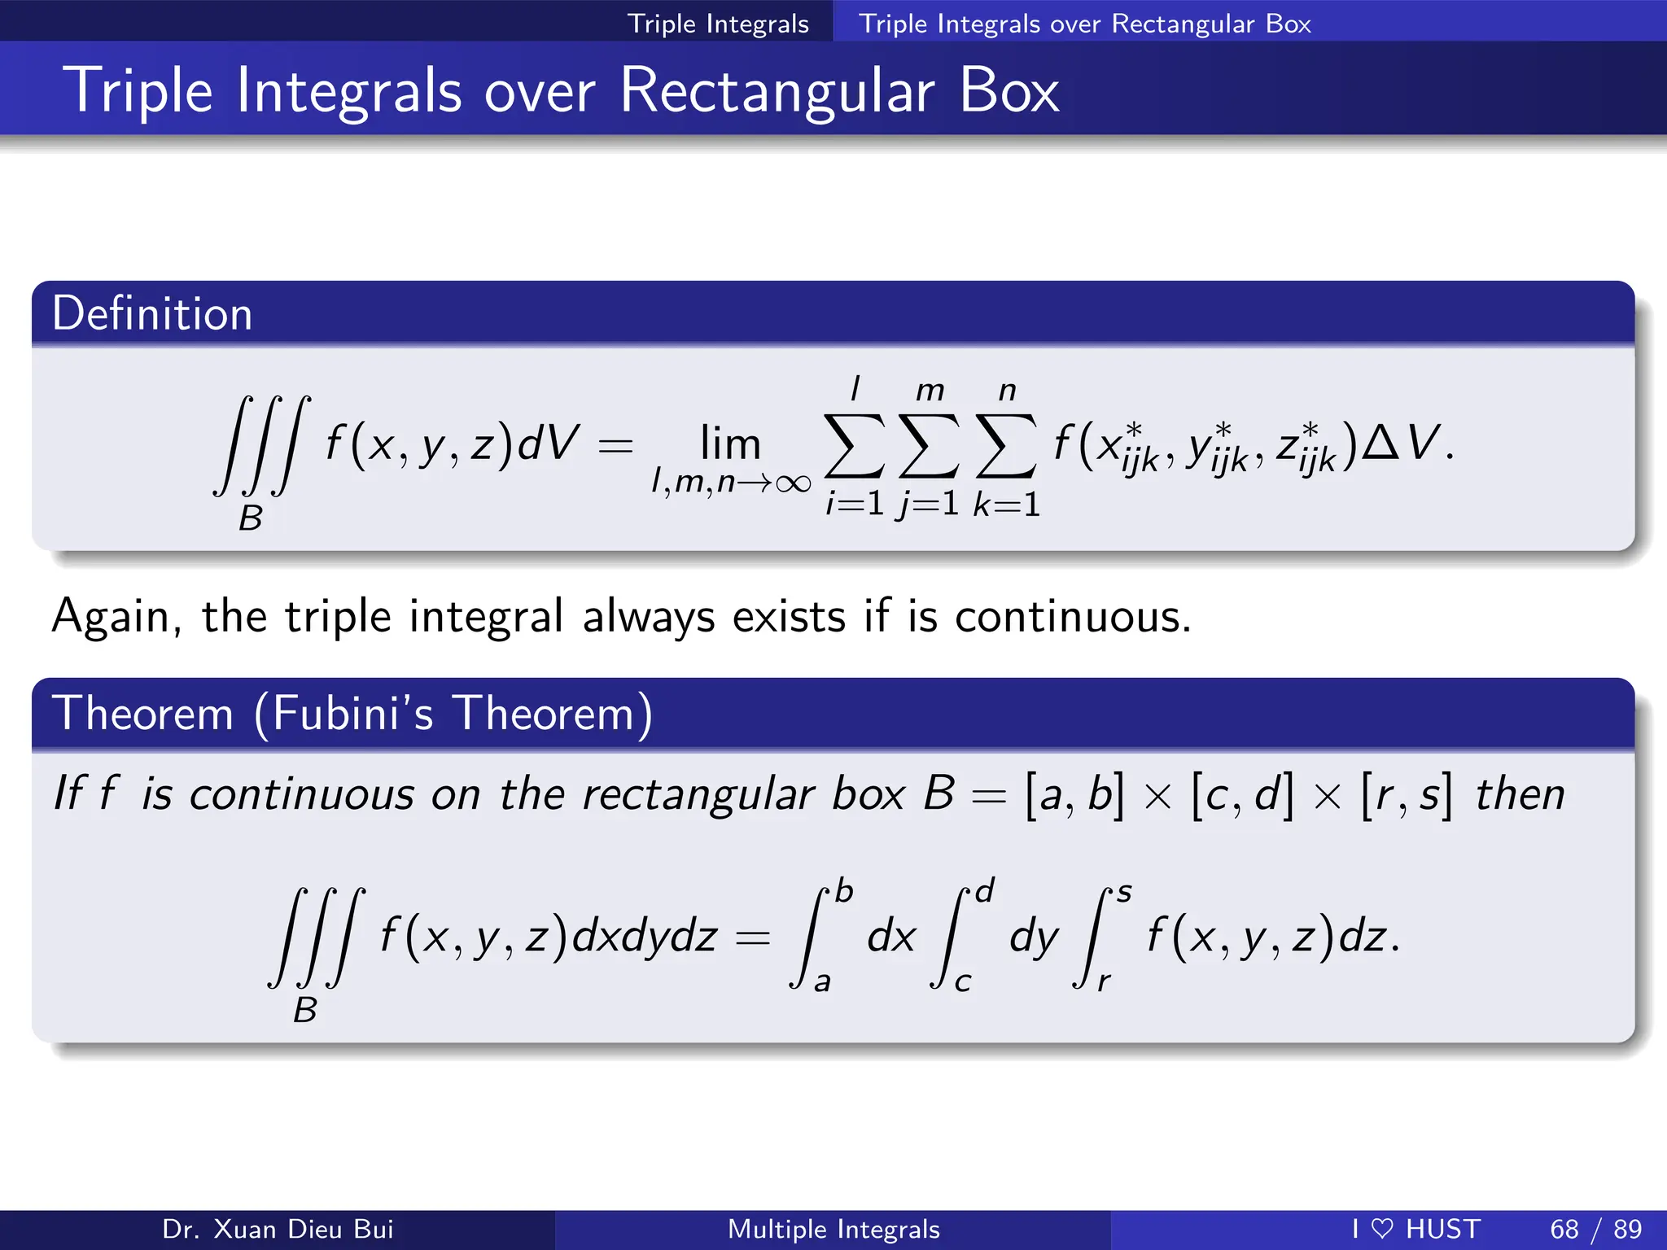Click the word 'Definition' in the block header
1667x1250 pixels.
tap(152, 314)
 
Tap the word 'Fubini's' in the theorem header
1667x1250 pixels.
tap(352, 714)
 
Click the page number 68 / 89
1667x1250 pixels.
tap(1595, 1229)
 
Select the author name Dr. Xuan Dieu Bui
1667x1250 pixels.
tap(278, 1229)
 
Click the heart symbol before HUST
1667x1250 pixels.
tap(1381, 1229)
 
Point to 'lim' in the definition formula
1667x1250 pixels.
tap(730, 444)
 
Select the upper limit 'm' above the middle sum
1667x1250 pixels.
tap(930, 391)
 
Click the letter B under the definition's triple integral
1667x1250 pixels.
tap(251, 518)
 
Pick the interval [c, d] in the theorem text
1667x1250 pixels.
tap(1241, 794)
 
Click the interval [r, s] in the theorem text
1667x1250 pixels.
tap(1407, 794)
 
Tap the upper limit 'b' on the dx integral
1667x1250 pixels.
tap(844, 892)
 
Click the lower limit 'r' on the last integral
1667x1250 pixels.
tap(1103, 981)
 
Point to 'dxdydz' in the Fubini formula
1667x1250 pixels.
tap(645, 936)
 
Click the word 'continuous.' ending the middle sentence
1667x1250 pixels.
tap(1073, 616)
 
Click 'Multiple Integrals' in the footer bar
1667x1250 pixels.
tap(833, 1229)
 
